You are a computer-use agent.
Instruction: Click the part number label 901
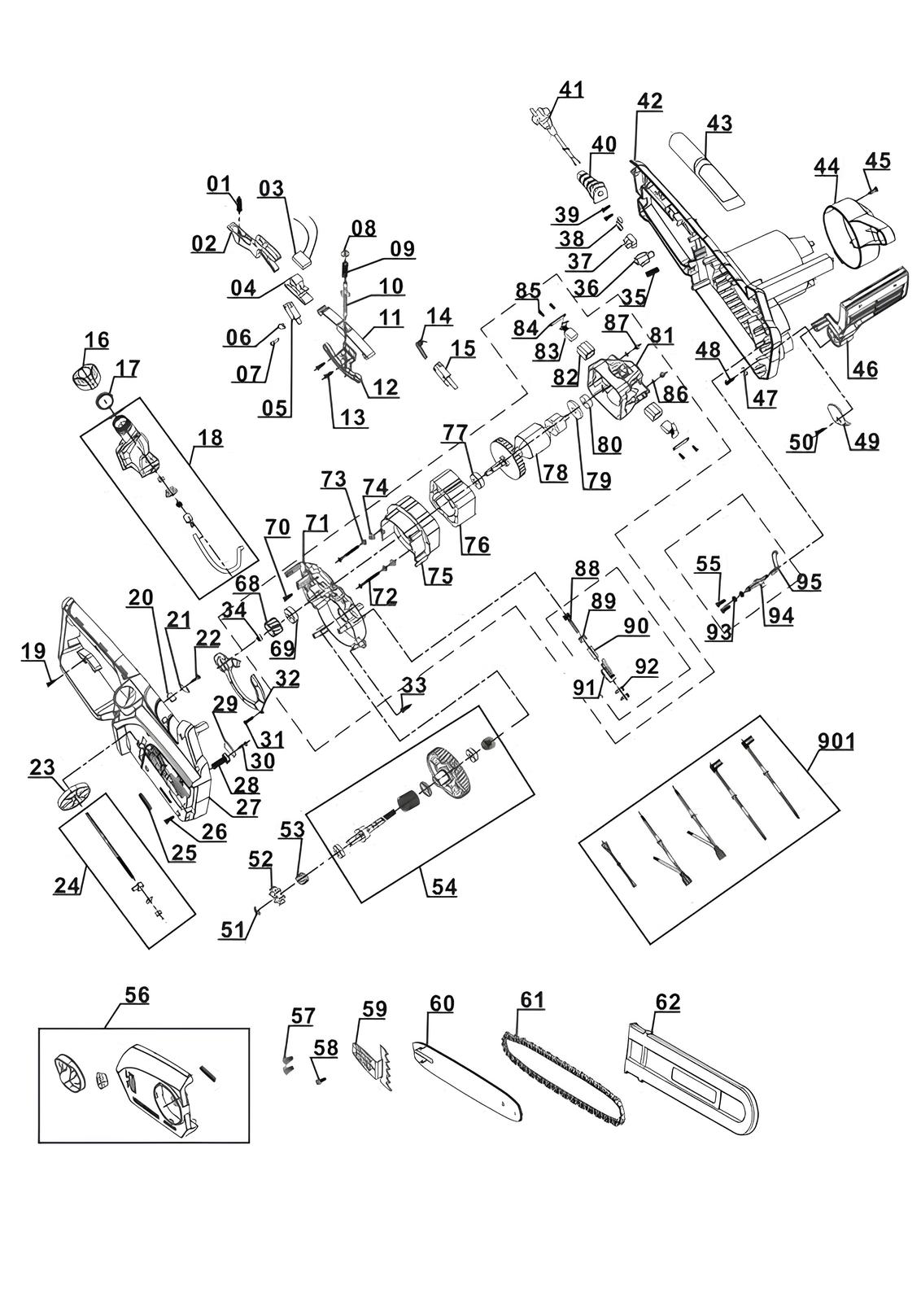[x=836, y=741]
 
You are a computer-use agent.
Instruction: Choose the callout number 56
[x=137, y=994]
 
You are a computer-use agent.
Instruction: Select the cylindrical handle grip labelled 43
[x=707, y=171]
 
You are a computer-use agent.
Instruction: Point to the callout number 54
[x=444, y=888]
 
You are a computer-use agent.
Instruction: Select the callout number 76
[x=476, y=544]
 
